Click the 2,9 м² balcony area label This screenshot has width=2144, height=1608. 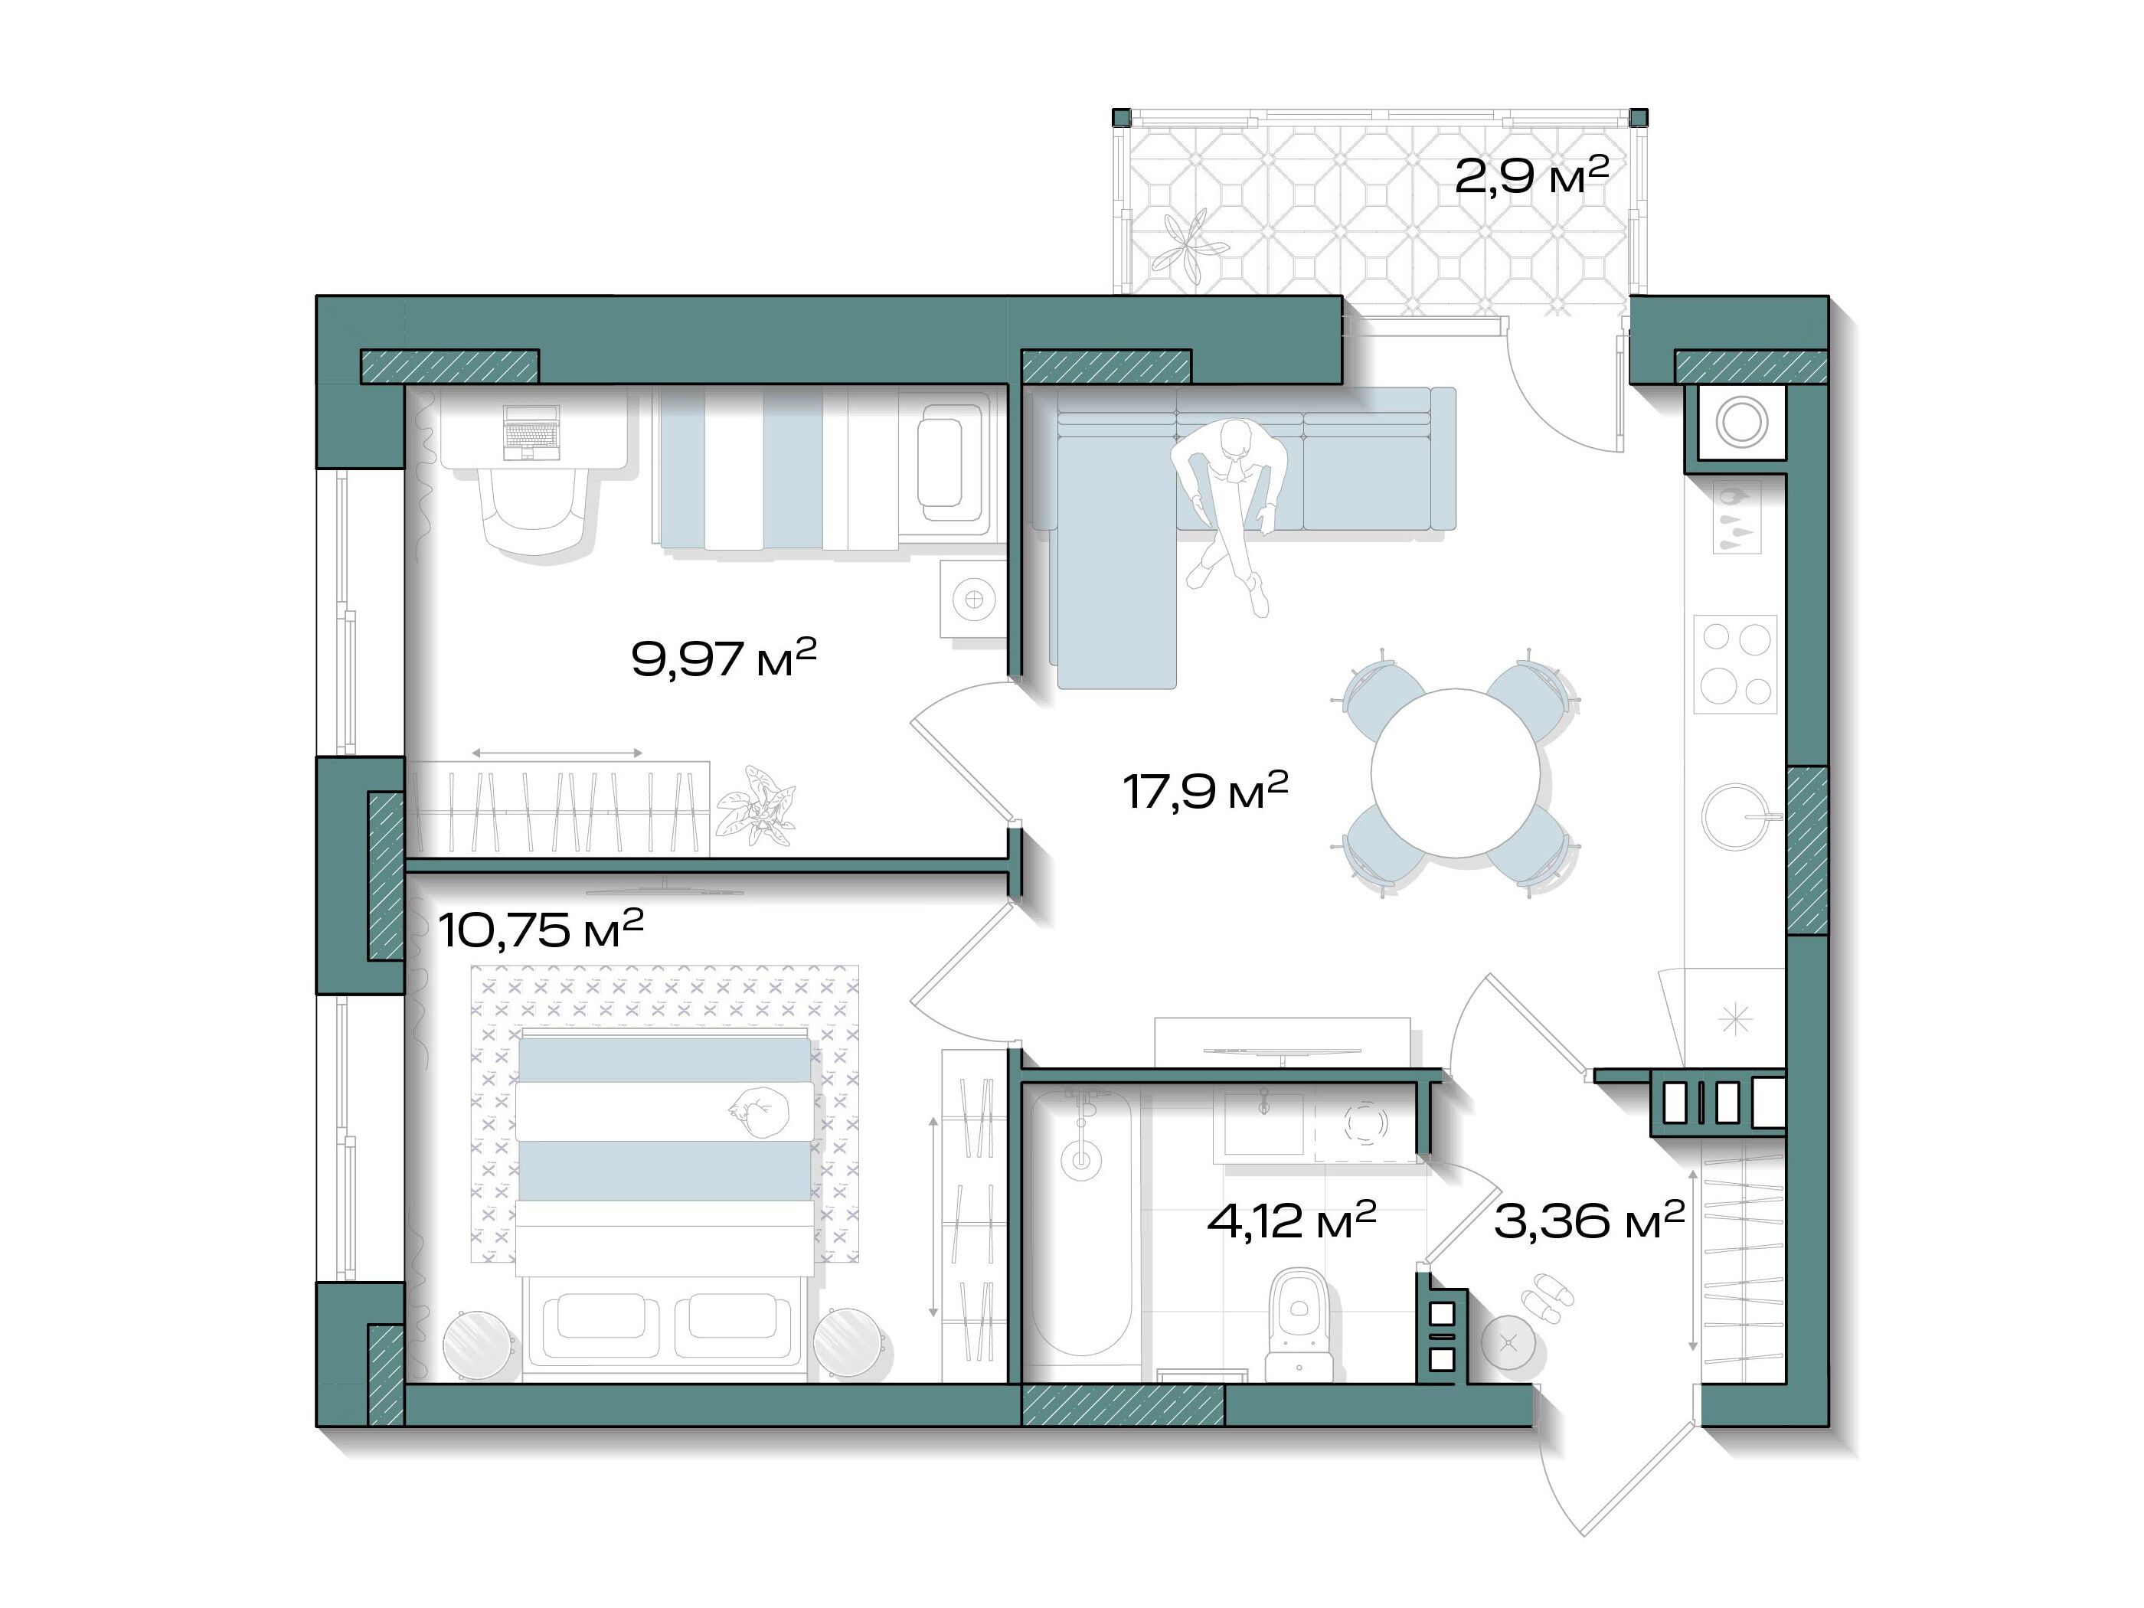(1531, 175)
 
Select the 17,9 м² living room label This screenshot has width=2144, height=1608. (1204, 790)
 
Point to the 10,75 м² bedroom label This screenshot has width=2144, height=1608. (541, 929)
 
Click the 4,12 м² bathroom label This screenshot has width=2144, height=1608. (1291, 1221)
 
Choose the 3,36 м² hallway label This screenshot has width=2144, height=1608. (1589, 1221)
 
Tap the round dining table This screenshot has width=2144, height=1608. (1455, 773)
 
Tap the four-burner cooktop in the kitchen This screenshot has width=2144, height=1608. (1735, 664)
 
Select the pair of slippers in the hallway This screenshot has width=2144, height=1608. (1547, 1298)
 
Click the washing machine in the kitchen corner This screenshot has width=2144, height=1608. (1740, 423)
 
